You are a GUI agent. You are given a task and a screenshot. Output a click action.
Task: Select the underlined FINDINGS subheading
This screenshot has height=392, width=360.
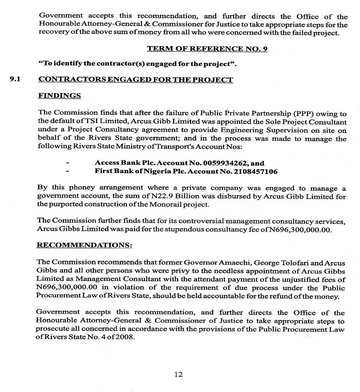coord(59,95)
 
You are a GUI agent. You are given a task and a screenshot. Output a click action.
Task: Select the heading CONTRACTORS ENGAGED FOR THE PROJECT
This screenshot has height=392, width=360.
coord(135,80)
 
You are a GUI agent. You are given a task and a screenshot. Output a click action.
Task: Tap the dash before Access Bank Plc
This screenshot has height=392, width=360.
coord(68,163)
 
